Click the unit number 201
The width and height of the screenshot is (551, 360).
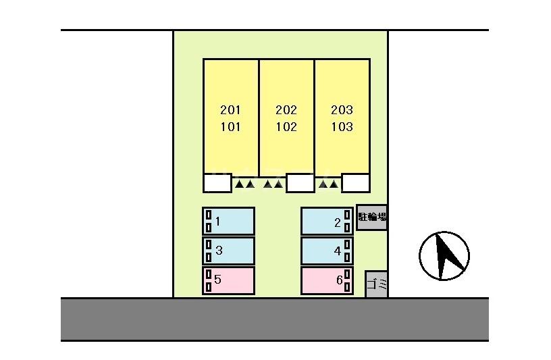230,109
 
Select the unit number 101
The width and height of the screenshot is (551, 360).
230,126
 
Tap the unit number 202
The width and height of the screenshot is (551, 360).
286,109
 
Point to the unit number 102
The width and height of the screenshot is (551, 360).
286,126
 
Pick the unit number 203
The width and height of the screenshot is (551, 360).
342,109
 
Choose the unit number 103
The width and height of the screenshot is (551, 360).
342,126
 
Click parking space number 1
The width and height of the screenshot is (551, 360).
228,221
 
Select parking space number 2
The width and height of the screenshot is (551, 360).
327,221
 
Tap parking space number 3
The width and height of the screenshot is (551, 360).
228,251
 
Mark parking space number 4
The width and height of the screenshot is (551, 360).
327,251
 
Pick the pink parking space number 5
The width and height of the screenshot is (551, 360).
228,280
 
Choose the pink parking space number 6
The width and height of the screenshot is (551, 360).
327,280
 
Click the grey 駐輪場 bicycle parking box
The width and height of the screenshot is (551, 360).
372,217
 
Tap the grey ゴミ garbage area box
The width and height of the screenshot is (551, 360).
377,284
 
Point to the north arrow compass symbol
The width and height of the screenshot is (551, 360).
444,256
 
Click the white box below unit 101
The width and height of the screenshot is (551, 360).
217,183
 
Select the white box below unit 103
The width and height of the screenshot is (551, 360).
356,183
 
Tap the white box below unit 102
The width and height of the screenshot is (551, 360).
300,183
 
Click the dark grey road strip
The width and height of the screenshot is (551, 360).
275,319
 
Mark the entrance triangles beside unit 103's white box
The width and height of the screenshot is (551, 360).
329,184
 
